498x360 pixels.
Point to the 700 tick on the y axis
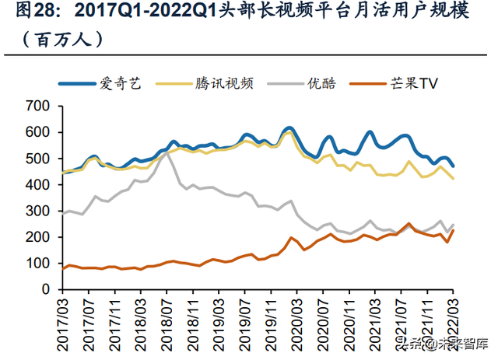[38, 106]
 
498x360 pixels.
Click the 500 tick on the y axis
[38, 159]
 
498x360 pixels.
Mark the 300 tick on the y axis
[38, 211]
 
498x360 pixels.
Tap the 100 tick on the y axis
[38, 263]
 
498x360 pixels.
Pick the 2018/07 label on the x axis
[166, 319]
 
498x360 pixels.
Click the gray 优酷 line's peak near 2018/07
[167, 153]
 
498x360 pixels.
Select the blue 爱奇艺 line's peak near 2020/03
[289, 128]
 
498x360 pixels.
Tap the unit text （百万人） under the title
[55, 38]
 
